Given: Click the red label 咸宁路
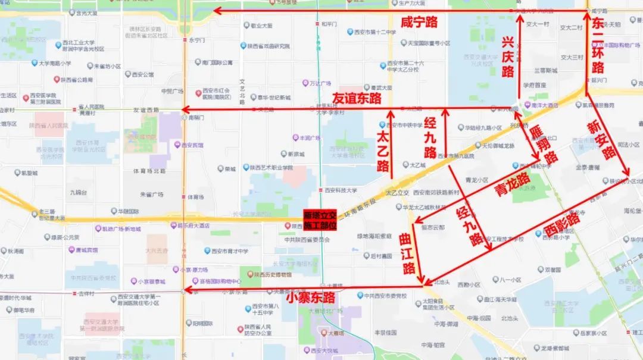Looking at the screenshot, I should coord(419,23).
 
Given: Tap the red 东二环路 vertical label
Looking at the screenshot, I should coord(597,45).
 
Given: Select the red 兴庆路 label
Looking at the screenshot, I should coord(507,57).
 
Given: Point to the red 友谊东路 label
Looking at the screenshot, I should coord(356,98).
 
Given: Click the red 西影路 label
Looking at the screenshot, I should coord(561,226).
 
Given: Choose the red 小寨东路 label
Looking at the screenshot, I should coord(310,296).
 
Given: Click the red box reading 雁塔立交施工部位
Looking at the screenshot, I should coord(320,220).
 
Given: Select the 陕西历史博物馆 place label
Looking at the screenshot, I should coord(274,275).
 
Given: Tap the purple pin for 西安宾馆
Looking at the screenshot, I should coord(177,145).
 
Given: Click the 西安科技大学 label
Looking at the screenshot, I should coord(341,190).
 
